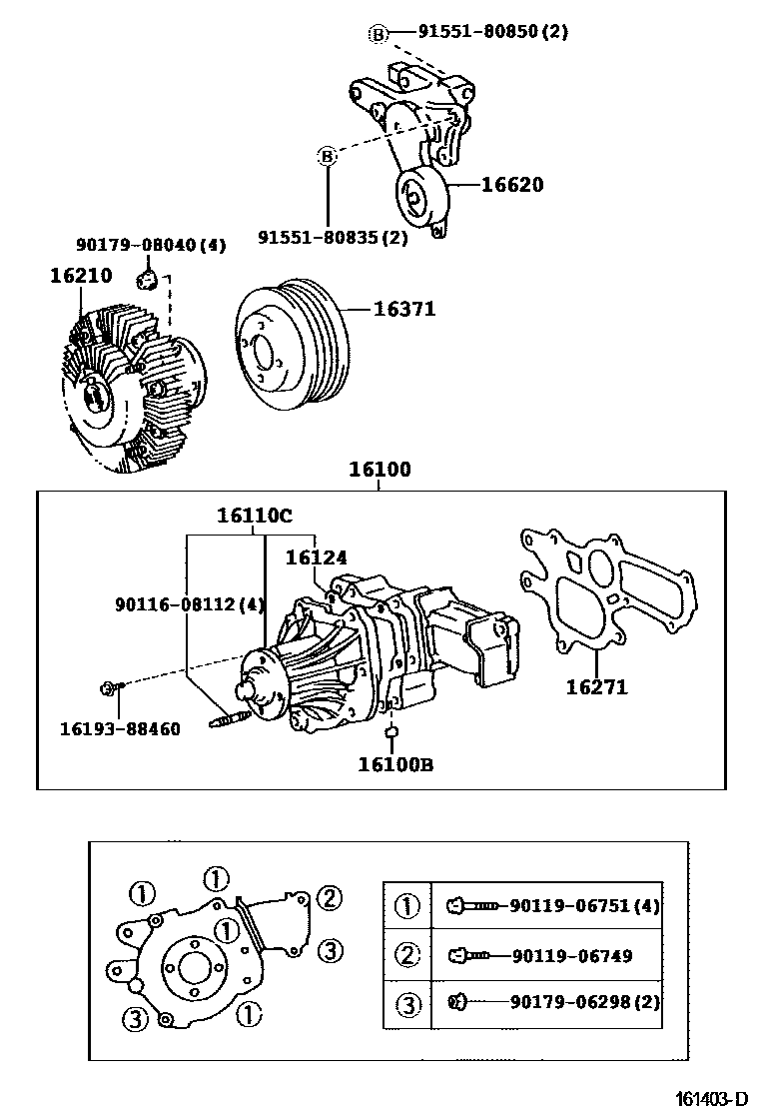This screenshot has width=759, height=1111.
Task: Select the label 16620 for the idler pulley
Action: pyautogui.click(x=512, y=185)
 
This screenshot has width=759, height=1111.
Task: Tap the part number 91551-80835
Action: pyautogui.click(x=333, y=238)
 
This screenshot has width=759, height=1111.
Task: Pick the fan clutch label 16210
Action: pyautogui.click(x=81, y=276)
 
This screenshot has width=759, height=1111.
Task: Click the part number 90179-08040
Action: pyautogui.click(x=151, y=244)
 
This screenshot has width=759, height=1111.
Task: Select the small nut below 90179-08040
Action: pyautogui.click(x=148, y=276)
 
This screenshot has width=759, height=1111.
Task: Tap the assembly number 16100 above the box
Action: pyautogui.click(x=379, y=469)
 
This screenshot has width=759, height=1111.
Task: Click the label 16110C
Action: pyautogui.click(x=255, y=516)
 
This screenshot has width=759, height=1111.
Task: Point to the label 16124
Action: pyautogui.click(x=317, y=557)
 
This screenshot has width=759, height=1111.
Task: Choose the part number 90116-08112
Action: pyautogui.click(x=189, y=603)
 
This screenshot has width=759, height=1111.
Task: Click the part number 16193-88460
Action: pyautogui.click(x=119, y=729)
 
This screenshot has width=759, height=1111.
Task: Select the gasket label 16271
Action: pyautogui.click(x=596, y=687)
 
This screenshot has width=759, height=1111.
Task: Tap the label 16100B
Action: pyautogui.click(x=395, y=765)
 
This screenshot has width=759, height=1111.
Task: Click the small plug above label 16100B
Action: pyautogui.click(x=392, y=735)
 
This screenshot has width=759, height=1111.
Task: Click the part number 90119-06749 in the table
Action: pyautogui.click(x=572, y=956)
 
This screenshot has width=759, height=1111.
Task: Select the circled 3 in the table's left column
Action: pyautogui.click(x=407, y=1002)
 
